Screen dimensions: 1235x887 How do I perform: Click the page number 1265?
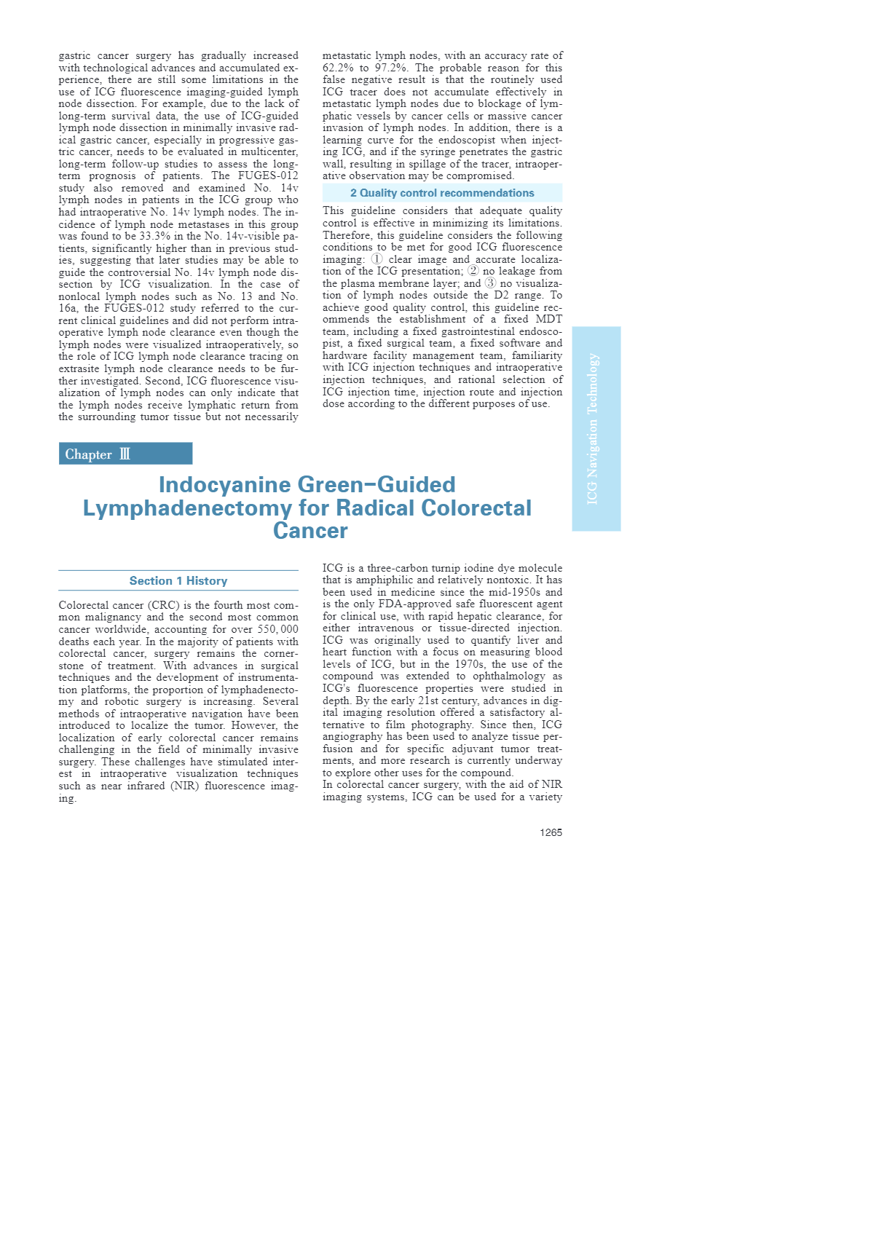551,832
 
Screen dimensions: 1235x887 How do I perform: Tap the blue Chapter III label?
125,454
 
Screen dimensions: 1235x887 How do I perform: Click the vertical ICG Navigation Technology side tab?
596,428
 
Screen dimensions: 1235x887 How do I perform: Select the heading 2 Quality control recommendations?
442,193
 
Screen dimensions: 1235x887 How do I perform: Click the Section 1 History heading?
178,580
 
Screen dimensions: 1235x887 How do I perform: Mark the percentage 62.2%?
338,68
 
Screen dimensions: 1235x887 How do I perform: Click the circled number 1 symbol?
377,259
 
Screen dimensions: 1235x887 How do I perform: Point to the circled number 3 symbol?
490,283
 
